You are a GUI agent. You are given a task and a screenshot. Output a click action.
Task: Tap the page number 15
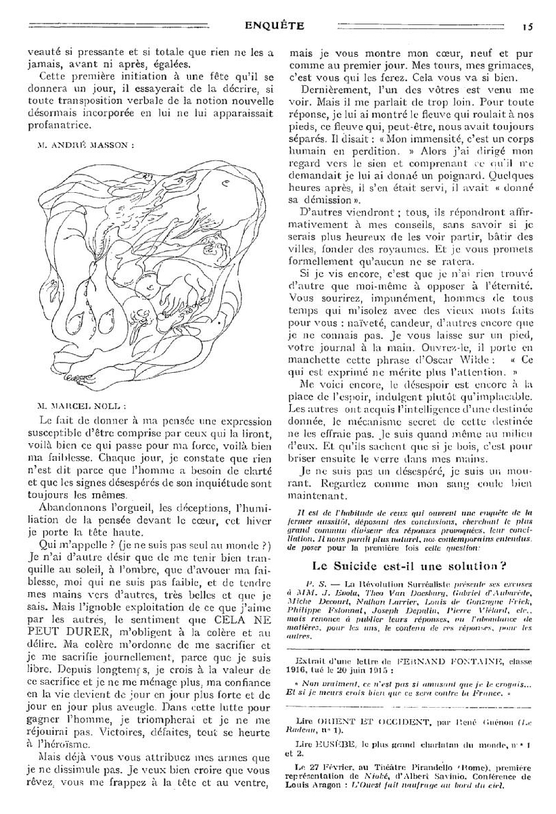527,28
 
